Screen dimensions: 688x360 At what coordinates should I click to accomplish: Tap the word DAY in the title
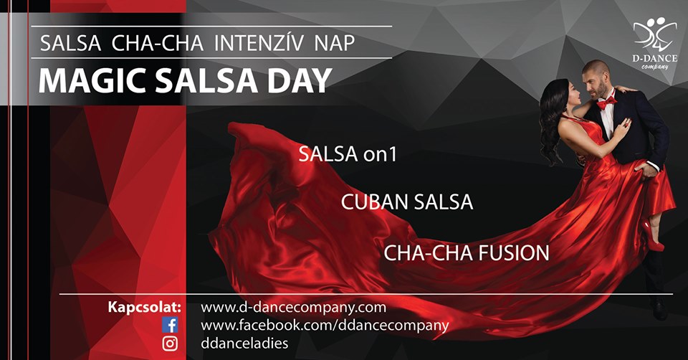coord(299,81)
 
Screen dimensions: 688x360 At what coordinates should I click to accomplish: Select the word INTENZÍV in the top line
coord(259,42)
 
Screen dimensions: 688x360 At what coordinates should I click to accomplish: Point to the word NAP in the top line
coord(335,43)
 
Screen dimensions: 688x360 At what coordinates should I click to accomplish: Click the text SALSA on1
coord(348,154)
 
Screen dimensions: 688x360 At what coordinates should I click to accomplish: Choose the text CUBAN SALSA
coord(407,202)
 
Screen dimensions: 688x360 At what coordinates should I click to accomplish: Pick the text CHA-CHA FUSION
coord(467,253)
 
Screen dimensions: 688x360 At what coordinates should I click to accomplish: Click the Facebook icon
coord(170,326)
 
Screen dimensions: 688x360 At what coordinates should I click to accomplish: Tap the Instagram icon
coord(170,344)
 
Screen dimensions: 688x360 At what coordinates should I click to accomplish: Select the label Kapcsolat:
coord(144,307)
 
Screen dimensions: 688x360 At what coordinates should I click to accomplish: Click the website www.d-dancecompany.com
coord(294,308)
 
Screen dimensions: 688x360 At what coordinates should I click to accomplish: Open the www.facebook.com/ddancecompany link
coord(325,326)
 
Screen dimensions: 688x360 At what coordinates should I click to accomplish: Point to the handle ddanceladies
coord(244,343)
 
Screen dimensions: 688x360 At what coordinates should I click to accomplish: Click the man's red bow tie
coord(606,103)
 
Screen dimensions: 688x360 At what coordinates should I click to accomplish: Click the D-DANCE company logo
coord(654,42)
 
